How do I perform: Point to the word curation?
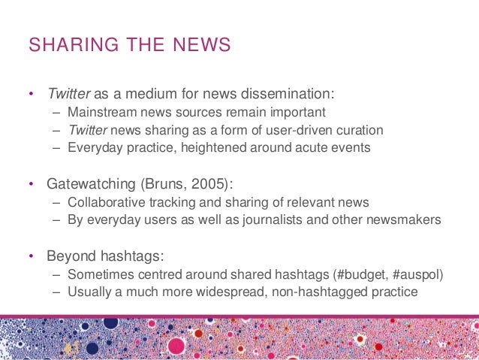click(358, 130)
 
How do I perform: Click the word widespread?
click(211, 292)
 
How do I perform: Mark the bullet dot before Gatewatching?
click(31, 184)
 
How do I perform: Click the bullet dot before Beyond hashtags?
click(31, 256)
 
